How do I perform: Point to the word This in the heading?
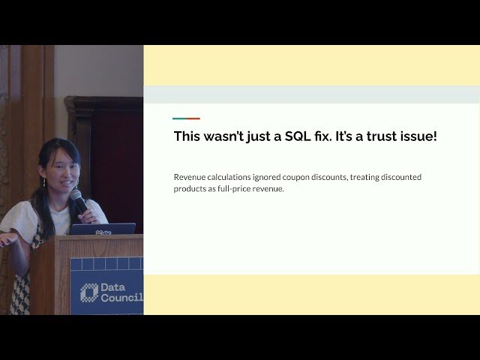188,136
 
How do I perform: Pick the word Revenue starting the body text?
190,177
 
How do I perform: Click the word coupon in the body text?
301,177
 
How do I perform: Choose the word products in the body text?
191,189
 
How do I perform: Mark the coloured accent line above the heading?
186,118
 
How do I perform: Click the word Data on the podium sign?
115,286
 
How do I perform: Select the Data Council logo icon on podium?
89,292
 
